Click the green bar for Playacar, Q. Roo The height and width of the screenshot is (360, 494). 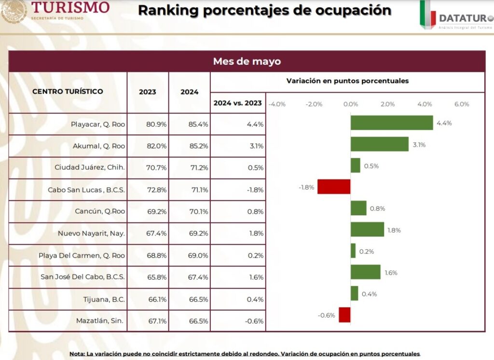391,123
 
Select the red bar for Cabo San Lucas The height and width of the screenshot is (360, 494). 334,187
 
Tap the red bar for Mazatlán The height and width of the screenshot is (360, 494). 344,315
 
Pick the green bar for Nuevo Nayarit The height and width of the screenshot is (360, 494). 367,230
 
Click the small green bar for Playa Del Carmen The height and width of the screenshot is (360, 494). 353,251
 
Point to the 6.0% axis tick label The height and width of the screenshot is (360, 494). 461,104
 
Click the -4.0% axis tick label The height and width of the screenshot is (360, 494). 276,104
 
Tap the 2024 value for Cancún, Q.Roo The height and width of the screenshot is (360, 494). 198,211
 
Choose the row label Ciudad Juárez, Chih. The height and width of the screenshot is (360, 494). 90,168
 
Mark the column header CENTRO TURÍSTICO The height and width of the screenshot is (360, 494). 68,92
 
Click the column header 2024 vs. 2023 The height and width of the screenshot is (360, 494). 238,103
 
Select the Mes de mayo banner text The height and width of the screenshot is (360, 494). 247,62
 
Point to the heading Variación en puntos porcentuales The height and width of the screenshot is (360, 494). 347,81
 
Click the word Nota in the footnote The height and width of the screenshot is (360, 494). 76,354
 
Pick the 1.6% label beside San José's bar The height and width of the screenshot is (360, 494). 391,273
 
